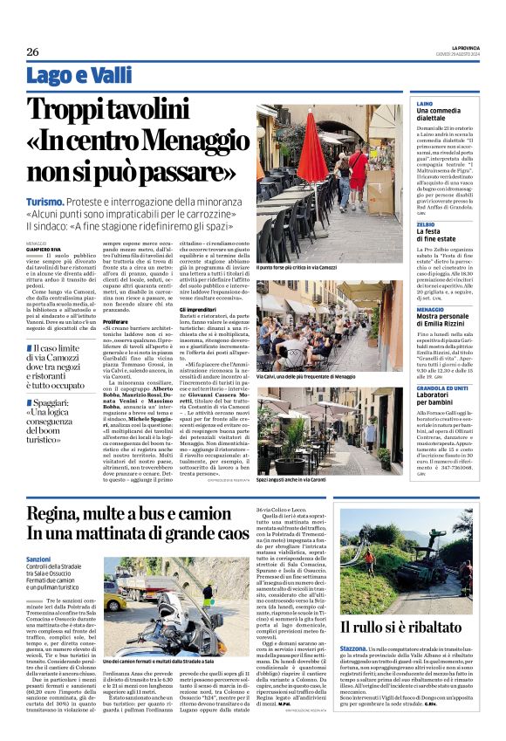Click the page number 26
[32, 51]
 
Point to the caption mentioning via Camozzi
[297, 266]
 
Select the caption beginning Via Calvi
[306, 376]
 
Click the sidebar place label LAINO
[424, 103]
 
